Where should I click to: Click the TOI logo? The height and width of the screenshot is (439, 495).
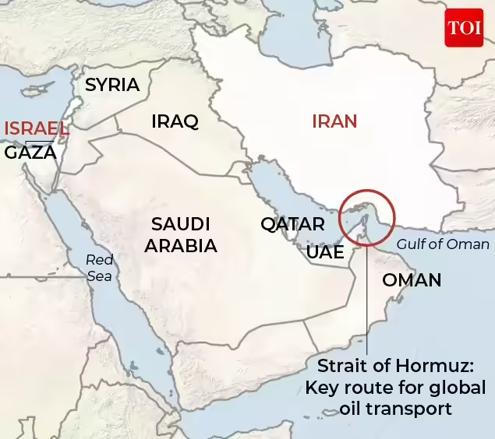(x=464, y=28)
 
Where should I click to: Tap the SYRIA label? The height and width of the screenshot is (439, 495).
(x=112, y=85)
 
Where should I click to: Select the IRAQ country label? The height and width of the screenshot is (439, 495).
(x=175, y=121)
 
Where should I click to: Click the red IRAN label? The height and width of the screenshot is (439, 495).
(x=334, y=121)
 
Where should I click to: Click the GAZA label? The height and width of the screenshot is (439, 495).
(x=30, y=153)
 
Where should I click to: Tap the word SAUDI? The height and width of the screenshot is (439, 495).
(x=181, y=224)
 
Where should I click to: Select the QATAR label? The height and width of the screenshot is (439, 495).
(x=292, y=225)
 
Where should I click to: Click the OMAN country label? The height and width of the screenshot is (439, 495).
(x=412, y=279)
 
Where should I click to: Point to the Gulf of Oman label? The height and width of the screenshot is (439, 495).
(x=443, y=244)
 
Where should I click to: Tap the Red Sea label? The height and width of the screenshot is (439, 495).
(x=99, y=268)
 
